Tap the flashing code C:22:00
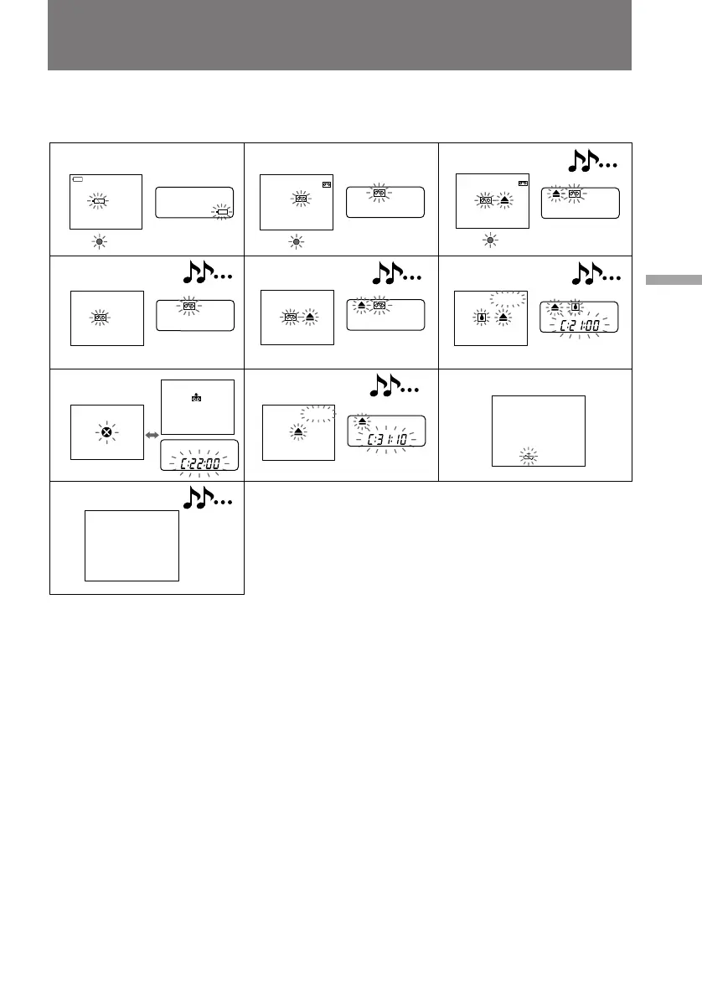coord(199,457)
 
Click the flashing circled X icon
coord(106,432)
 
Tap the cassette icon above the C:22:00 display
coord(196,397)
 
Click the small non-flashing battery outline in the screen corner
coord(78,179)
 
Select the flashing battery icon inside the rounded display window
coord(222,212)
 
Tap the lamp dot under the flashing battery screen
coord(99,241)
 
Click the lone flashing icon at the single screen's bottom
coord(529,457)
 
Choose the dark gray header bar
coord(339,35)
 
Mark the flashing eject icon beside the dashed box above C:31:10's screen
coord(299,431)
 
